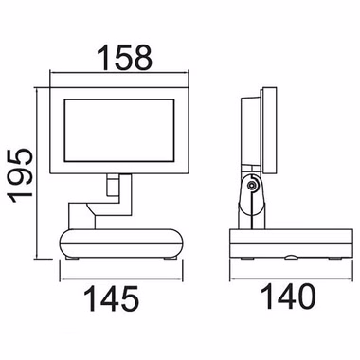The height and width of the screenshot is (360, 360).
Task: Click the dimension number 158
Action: (x=125, y=58)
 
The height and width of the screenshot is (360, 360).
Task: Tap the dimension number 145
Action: (x=111, y=298)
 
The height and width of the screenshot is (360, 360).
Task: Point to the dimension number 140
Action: (x=288, y=297)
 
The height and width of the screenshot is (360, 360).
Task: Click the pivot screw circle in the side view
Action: (x=252, y=186)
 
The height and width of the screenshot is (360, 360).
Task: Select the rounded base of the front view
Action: (x=121, y=243)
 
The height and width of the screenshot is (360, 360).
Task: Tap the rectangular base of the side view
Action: (x=291, y=243)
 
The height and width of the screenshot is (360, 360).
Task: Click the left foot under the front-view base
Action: (x=72, y=259)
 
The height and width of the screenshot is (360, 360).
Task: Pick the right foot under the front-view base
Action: (x=171, y=259)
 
